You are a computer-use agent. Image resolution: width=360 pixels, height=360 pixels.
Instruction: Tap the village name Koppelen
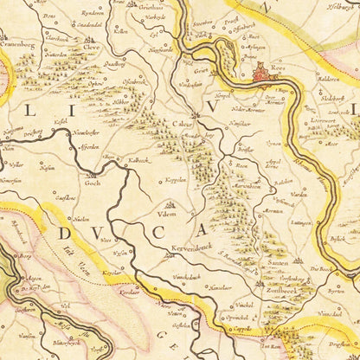(x=176, y=180)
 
